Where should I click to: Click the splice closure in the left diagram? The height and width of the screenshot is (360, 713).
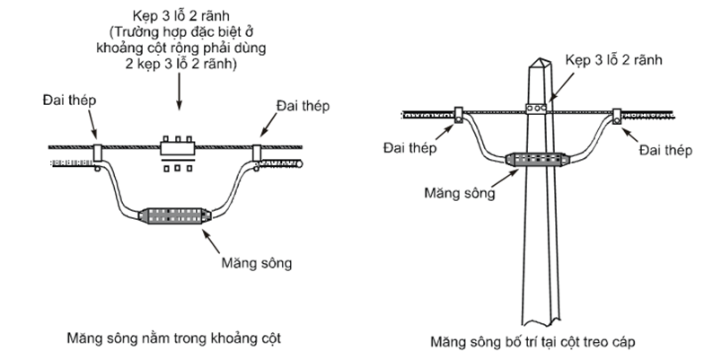click(174, 215)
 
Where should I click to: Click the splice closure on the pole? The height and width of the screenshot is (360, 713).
click(537, 159)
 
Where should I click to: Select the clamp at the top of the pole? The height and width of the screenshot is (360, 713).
click(536, 110)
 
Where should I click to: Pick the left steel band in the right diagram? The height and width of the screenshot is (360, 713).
click(457, 114)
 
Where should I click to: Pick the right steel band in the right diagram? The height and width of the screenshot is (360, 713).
click(620, 115)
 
